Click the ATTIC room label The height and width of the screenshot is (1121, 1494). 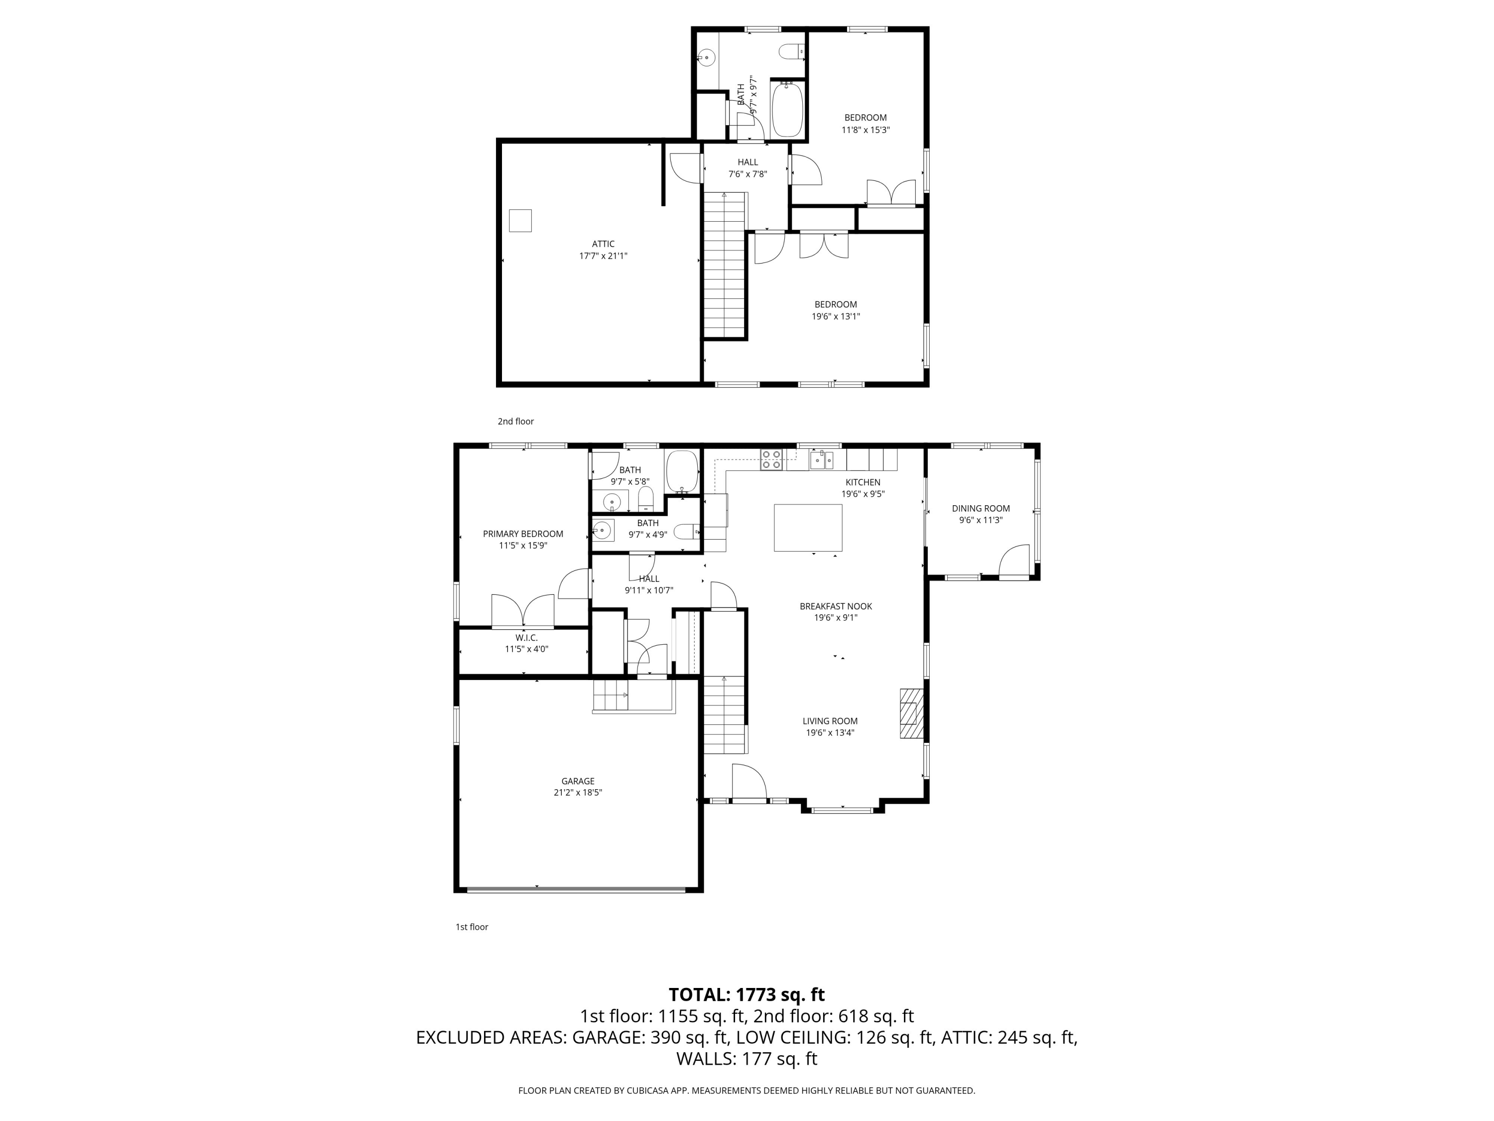click(603, 244)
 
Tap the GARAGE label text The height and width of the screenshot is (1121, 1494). click(578, 781)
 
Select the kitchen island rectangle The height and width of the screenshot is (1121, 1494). click(808, 528)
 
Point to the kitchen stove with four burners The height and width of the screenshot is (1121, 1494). click(771, 459)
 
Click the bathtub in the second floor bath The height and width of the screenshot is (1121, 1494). click(787, 110)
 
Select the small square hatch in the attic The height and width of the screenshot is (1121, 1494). click(520, 221)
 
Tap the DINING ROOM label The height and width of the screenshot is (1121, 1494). click(981, 508)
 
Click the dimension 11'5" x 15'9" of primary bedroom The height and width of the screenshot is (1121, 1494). click(523, 545)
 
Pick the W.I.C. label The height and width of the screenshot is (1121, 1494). click(526, 637)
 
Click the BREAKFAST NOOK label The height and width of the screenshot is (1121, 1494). click(836, 606)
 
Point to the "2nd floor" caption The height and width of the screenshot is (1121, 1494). click(515, 421)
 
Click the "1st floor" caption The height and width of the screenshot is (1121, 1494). click(472, 926)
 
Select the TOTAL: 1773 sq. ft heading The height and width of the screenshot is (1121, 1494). click(747, 994)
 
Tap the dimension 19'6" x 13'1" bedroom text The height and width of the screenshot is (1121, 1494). click(836, 316)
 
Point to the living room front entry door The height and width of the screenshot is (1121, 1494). click(749, 783)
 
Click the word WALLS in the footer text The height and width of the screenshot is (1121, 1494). click(705, 1059)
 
